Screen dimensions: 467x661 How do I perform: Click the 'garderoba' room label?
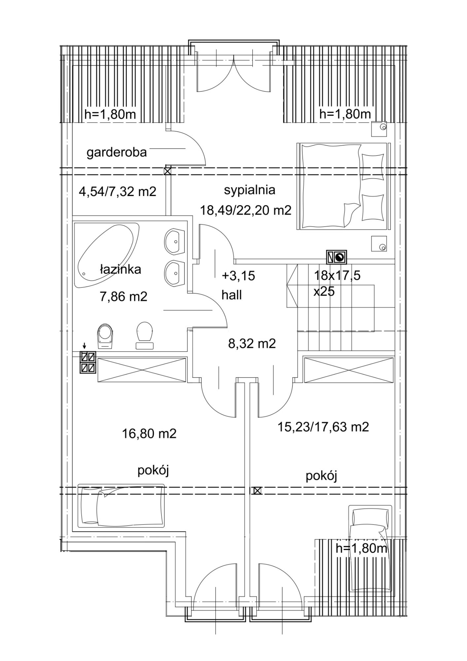[x=117, y=153]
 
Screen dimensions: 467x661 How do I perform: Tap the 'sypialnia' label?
[x=250, y=190]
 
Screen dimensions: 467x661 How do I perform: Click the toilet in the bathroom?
[x=145, y=335]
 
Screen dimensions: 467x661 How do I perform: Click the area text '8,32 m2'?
[x=252, y=344]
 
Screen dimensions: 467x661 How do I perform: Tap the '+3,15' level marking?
[x=238, y=276]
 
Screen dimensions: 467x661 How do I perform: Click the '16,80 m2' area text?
[x=149, y=434]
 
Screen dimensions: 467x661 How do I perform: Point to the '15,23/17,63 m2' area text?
[x=323, y=427]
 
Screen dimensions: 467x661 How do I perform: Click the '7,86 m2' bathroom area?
[x=124, y=296]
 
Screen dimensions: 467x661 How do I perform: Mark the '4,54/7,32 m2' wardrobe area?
[x=118, y=191]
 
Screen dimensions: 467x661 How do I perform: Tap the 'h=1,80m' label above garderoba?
[x=110, y=114]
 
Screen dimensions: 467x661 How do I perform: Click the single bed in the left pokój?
[x=121, y=506]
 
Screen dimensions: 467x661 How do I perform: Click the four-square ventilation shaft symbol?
[x=88, y=362]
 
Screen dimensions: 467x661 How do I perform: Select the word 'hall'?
[x=232, y=295]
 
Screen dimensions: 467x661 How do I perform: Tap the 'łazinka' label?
[x=121, y=269]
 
